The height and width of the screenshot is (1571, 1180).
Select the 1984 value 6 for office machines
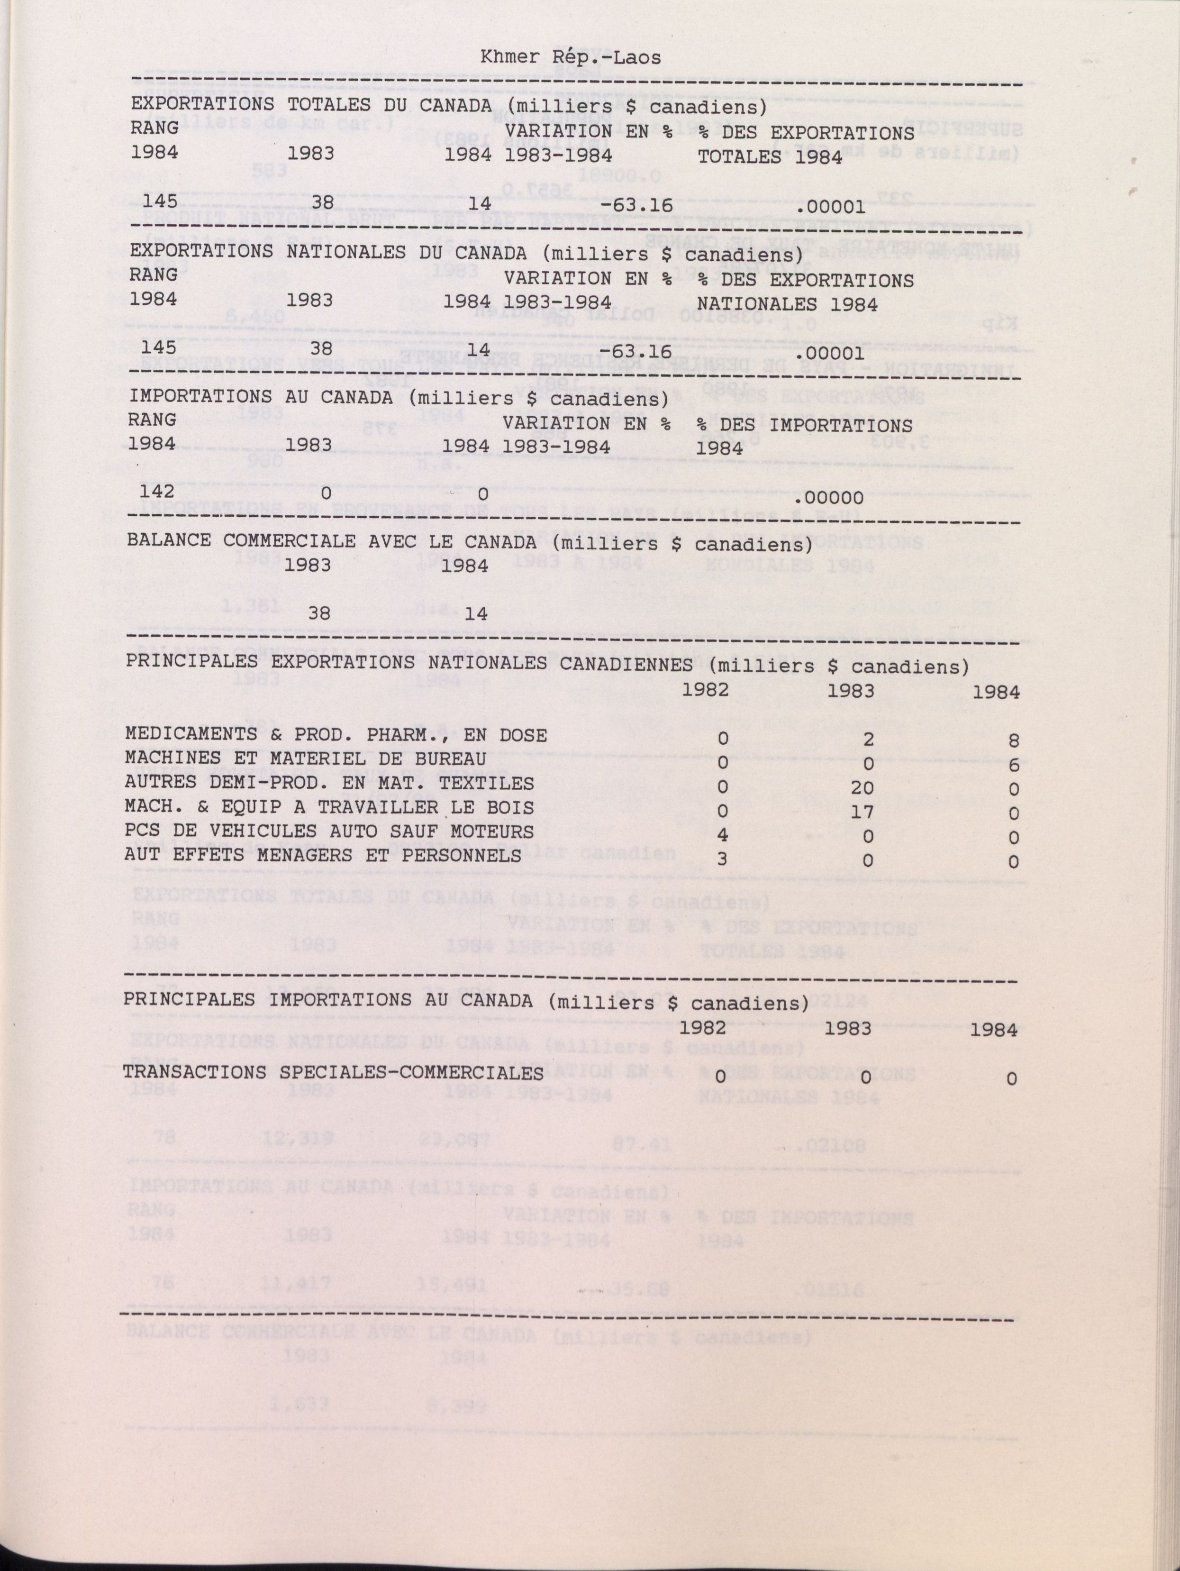point(1013,765)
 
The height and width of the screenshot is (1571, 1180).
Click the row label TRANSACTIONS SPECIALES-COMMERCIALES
point(333,1072)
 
